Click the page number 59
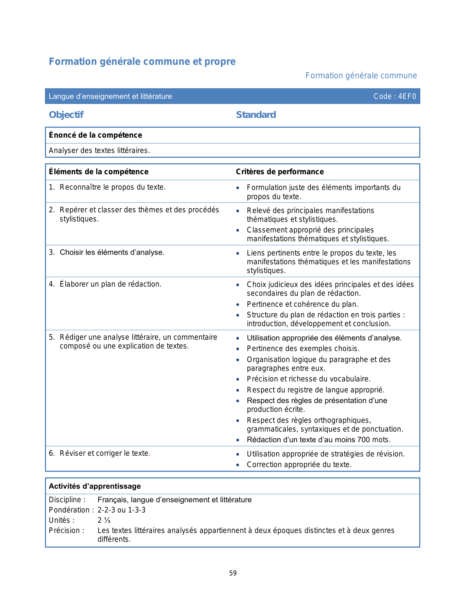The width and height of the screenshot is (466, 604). (233, 573)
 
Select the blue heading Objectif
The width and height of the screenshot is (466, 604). (66, 115)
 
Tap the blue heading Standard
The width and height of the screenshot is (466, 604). (256, 115)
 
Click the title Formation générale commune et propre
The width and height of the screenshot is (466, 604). (142, 61)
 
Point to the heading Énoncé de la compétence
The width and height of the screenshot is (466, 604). (95, 135)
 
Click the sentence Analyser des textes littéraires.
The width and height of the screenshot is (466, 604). (99, 150)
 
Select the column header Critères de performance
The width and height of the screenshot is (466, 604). (280, 172)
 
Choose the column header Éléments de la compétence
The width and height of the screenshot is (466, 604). (99, 172)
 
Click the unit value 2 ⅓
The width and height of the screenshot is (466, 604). (104, 520)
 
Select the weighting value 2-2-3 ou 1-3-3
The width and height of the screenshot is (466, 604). (121, 510)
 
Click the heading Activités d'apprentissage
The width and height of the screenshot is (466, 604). (95, 486)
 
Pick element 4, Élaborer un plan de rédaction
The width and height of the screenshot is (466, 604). (110, 284)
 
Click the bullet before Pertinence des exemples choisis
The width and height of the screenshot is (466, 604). (238, 349)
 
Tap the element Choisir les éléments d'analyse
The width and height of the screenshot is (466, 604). (112, 253)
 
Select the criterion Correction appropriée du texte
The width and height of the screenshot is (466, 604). (299, 465)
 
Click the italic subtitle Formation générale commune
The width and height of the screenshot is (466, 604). (361, 76)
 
